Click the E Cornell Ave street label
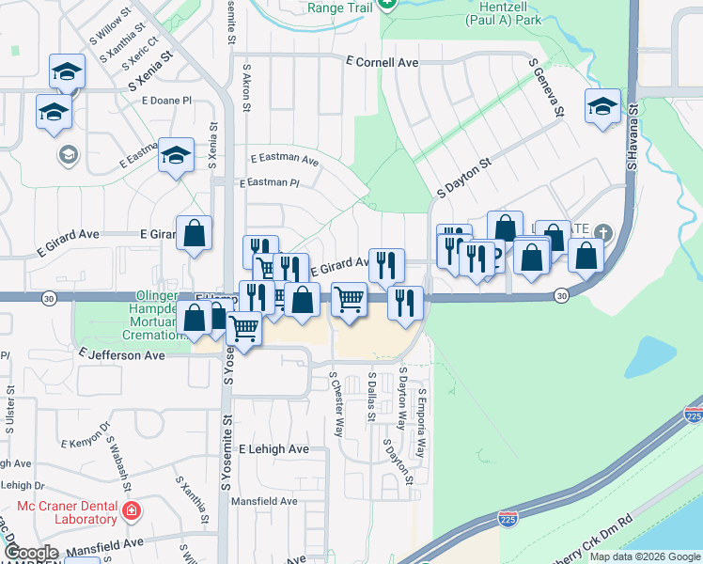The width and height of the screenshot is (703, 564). (382, 62)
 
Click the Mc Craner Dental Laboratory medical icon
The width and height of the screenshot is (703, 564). (133, 510)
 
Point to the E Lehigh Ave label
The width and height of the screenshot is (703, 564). (273, 449)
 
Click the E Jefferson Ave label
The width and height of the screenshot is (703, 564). (122, 356)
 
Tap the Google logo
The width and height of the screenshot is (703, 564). (31, 553)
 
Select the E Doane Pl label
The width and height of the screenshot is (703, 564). (166, 100)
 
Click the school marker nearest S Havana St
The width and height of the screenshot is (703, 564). (602, 107)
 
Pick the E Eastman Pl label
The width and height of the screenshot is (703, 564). (269, 183)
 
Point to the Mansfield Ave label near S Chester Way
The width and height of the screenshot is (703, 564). (266, 501)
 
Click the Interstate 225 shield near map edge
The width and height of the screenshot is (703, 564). (694, 415)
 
